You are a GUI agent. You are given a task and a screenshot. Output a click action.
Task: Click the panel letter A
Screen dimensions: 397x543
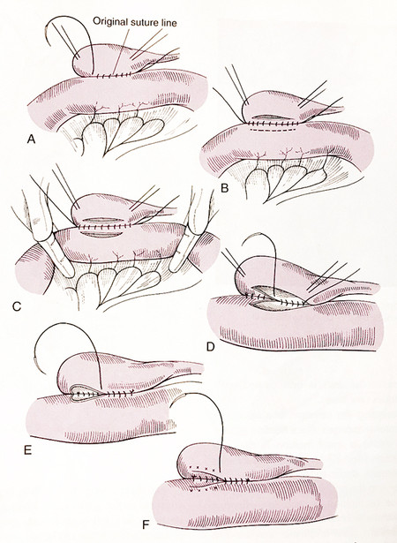31,140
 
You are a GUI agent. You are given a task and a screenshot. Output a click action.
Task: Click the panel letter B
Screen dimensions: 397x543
225,188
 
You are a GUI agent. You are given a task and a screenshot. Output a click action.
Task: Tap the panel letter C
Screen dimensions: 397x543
17,306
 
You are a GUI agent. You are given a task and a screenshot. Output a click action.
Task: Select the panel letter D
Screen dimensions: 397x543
211,346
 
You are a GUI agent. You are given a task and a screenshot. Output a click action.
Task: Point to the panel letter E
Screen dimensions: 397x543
27,449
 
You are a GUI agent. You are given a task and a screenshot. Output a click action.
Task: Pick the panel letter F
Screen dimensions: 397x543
146,525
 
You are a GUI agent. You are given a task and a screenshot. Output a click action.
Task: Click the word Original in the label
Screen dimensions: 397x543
109,22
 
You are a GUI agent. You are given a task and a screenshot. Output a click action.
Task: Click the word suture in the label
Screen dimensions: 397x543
143,23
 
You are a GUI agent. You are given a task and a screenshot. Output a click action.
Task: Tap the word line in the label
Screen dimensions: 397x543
169,22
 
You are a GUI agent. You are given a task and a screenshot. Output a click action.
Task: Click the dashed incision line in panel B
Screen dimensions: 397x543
273,131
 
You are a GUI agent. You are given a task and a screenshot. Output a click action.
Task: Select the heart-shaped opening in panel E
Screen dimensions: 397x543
84,394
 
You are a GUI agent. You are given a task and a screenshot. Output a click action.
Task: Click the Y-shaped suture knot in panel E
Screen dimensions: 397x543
131,392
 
